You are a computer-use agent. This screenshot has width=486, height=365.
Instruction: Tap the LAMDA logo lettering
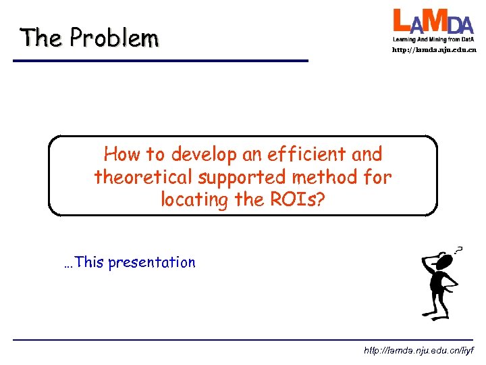(433, 22)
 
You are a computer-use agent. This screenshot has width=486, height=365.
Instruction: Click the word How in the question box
(120, 155)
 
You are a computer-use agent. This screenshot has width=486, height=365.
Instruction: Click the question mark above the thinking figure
(458, 249)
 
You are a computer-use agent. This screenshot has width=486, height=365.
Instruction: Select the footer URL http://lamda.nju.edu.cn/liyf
(418, 351)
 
